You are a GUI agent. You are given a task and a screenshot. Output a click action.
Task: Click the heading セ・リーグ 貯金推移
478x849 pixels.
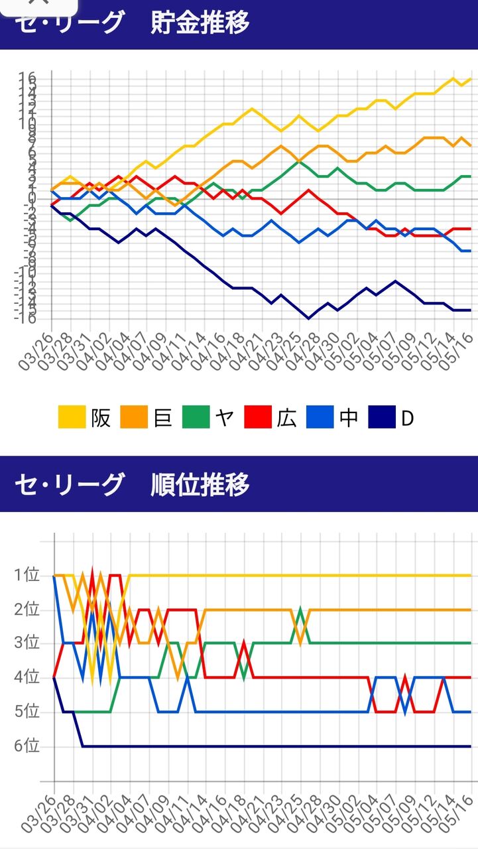tap(133, 23)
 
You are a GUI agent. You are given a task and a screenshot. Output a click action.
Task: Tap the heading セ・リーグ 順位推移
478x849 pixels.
tap(133, 485)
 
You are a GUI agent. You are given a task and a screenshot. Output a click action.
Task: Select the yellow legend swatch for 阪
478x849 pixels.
tap(72, 419)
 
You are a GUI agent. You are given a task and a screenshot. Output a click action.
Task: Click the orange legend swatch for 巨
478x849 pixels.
tap(134, 419)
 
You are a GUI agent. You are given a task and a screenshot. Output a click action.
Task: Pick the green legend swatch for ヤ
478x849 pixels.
tap(196, 419)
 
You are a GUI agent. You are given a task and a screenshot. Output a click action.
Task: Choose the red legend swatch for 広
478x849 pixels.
tap(258, 419)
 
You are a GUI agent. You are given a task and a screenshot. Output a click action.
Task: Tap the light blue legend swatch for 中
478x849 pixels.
tap(320, 419)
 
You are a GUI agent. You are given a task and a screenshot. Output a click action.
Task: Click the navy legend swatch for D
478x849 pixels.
tap(382, 419)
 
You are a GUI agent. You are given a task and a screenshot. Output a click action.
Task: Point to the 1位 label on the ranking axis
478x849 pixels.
tap(27, 575)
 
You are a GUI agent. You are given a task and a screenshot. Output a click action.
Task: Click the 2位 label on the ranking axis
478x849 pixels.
tap(27, 610)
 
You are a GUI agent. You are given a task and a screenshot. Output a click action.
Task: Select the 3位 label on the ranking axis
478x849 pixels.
tap(27, 643)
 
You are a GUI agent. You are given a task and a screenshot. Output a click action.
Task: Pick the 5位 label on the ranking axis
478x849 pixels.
tap(27, 712)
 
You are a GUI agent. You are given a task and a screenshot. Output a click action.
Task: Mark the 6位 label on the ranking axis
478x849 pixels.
tap(27, 746)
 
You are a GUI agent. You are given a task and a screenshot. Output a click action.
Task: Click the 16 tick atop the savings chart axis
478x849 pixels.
tap(27, 78)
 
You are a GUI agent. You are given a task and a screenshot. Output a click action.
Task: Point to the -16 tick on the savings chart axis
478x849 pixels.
tap(25, 318)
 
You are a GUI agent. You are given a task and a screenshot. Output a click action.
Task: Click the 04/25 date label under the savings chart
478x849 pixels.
tap(291, 350)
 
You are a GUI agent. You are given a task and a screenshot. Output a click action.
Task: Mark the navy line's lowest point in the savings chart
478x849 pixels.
tap(308, 318)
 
